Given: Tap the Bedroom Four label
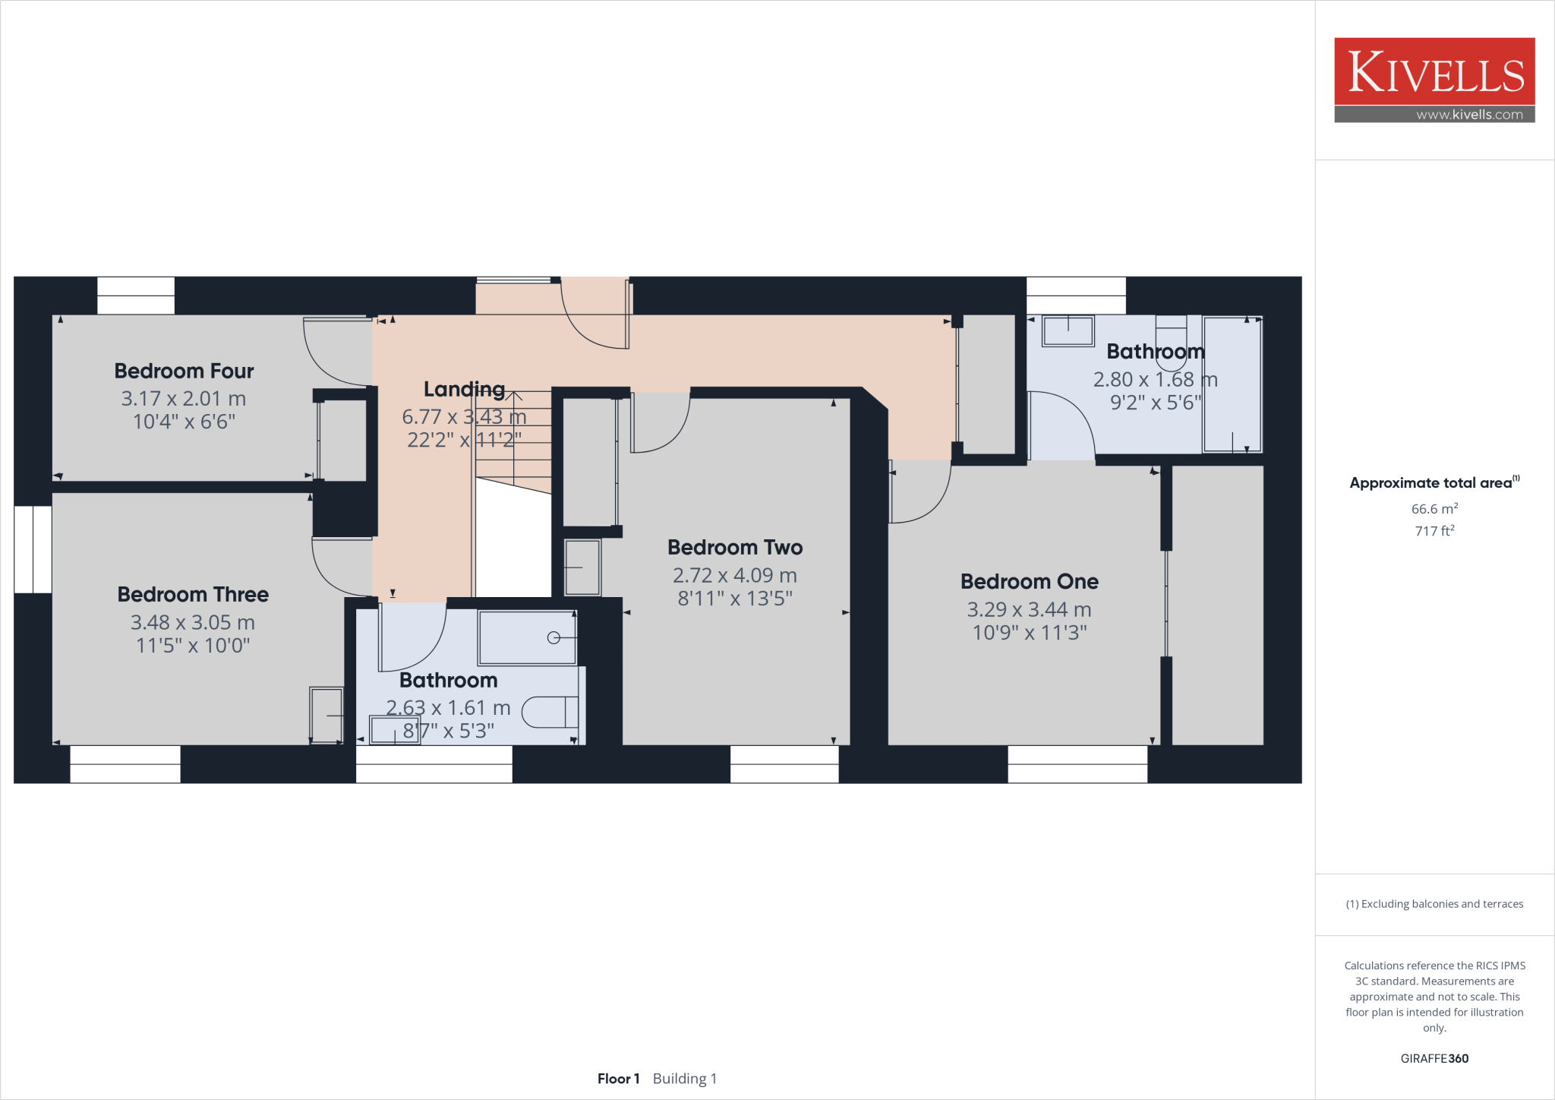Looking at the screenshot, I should [x=184, y=371].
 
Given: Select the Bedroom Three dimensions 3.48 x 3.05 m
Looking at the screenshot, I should [x=193, y=622].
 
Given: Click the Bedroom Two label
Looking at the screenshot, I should [x=735, y=547].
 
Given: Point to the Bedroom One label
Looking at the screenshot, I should [x=1029, y=581].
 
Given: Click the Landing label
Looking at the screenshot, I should [x=464, y=389].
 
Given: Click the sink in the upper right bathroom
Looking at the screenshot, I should [x=1068, y=331].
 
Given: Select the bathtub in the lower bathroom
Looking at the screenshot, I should [x=526, y=637].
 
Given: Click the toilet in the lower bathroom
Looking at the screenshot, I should [x=550, y=712].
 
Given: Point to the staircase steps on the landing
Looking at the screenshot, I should [x=514, y=441].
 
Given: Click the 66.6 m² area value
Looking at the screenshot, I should [x=1434, y=509].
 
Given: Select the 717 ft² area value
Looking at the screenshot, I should [x=1434, y=531].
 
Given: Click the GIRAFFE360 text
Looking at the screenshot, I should [x=1434, y=1058].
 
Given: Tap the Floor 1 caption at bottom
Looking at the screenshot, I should [x=618, y=1079].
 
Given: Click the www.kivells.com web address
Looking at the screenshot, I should [x=1468, y=115].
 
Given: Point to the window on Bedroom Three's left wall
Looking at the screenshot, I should [x=33, y=549].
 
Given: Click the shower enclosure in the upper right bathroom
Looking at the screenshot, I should [x=1232, y=384].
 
